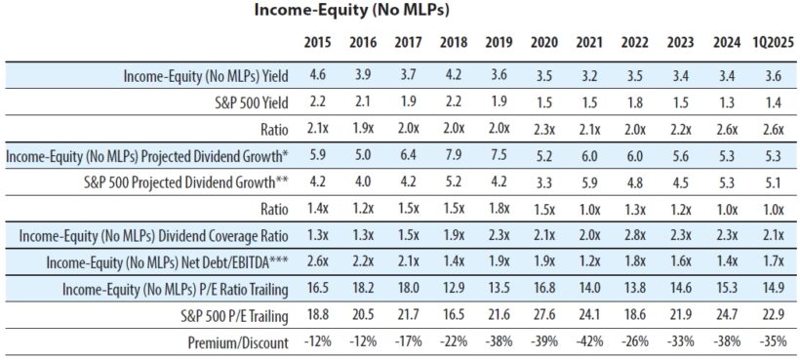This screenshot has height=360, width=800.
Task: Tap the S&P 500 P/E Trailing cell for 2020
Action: (x=544, y=317)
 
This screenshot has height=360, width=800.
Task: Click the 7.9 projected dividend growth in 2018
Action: (x=454, y=155)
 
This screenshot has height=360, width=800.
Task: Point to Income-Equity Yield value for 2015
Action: (x=316, y=75)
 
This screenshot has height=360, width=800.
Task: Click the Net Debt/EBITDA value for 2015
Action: (x=316, y=262)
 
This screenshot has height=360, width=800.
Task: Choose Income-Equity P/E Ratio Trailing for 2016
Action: (x=362, y=290)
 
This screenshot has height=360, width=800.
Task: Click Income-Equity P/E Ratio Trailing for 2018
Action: (x=454, y=290)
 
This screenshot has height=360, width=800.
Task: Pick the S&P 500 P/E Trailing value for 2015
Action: (x=316, y=317)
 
